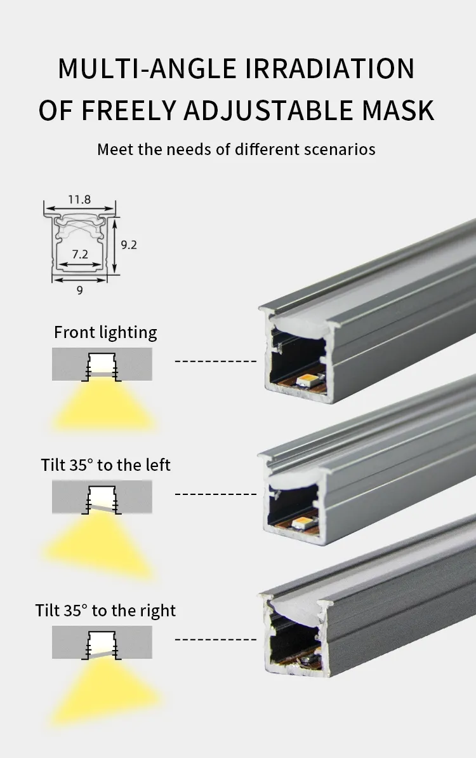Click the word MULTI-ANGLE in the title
(147, 68)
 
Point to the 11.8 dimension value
(79, 199)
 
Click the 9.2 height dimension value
(129, 245)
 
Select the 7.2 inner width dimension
(80, 254)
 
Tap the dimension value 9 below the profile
(80, 290)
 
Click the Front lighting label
(105, 332)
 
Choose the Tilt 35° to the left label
(106, 464)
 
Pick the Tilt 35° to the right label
(105, 610)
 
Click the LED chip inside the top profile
(310, 381)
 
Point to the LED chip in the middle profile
(303, 522)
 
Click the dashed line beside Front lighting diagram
(216, 361)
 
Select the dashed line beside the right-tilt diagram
(216, 640)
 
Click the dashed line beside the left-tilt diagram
(216, 494)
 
